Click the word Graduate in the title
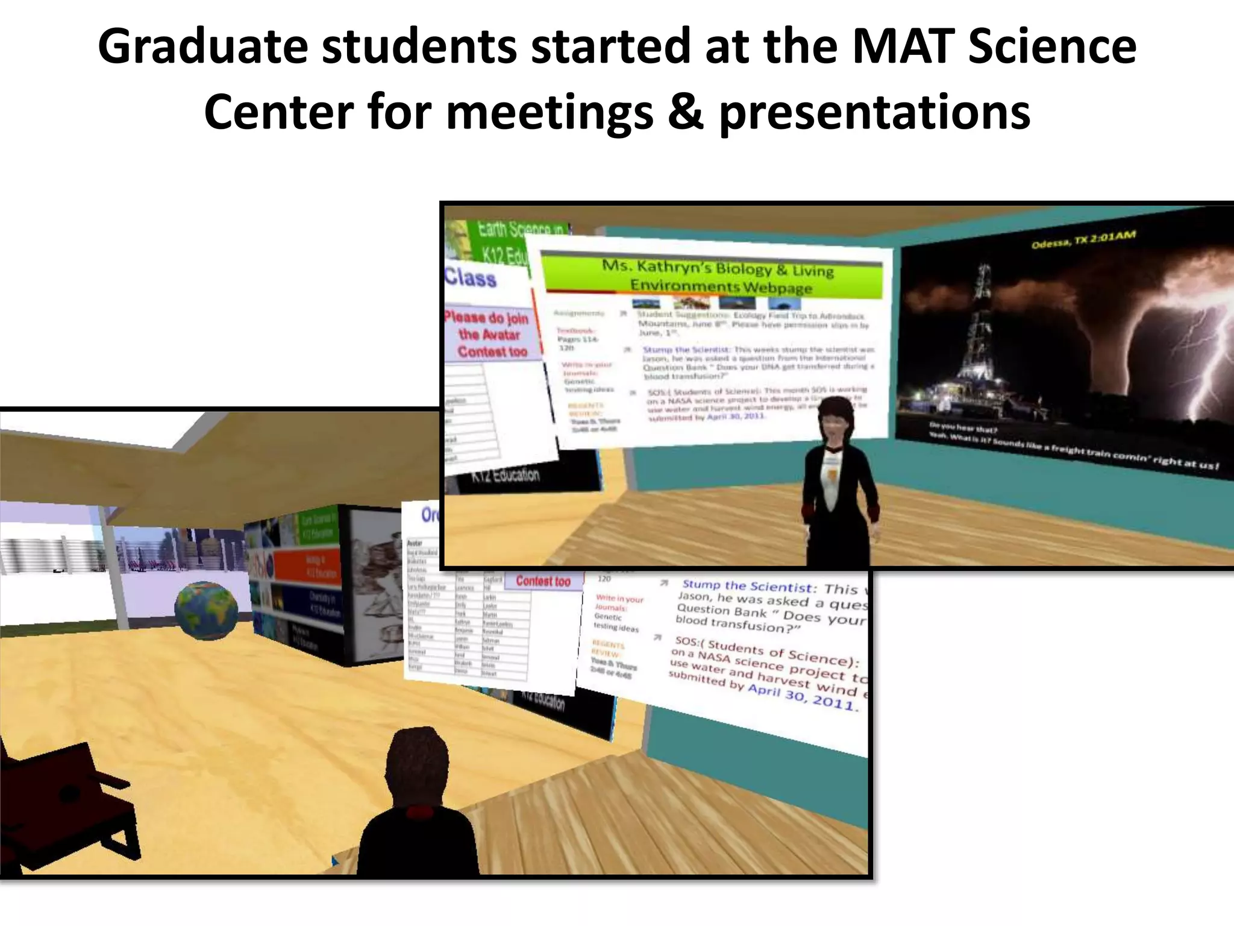coord(202,47)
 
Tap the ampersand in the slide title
coord(686,112)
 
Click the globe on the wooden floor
coord(205,609)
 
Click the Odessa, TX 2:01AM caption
coord(1083,239)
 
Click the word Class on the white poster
coord(471,278)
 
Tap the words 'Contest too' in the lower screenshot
coord(543,581)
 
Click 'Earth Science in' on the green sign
coord(521,230)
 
